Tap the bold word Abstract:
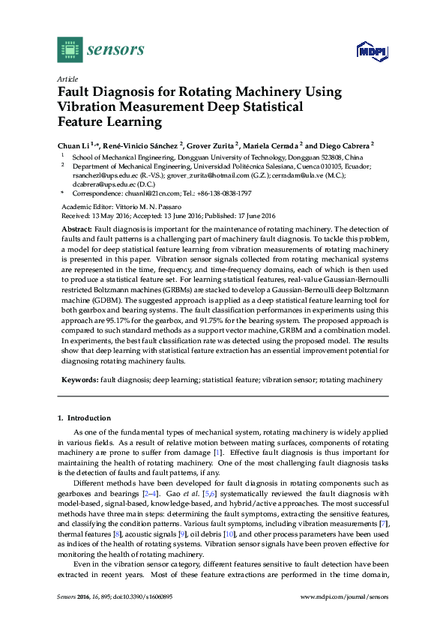[76, 227]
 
